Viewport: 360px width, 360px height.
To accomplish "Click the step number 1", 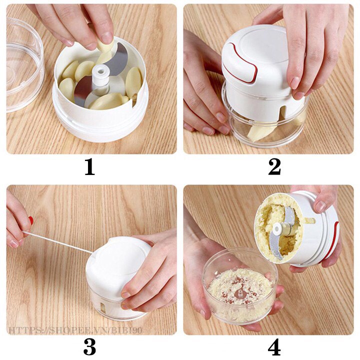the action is [x=90, y=167].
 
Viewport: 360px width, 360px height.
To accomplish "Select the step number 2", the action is [x=274, y=167].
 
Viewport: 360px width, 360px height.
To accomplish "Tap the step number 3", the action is [x=89, y=347].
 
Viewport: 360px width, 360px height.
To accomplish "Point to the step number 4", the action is [x=274, y=347].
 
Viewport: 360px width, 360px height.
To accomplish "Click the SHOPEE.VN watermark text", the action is [x=75, y=330].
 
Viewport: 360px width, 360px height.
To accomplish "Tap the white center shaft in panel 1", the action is [x=100, y=78].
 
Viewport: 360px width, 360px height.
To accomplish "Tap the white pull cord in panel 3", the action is [x=58, y=242].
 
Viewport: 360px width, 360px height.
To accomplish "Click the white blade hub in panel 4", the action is [x=278, y=229].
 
